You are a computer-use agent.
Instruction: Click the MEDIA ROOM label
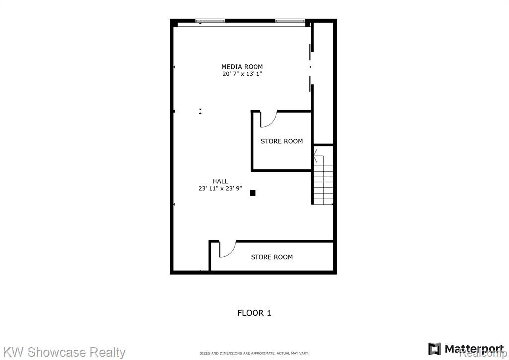tap(242, 67)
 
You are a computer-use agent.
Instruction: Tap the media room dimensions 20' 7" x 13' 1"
tap(242, 74)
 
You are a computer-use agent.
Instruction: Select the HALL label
tap(220, 181)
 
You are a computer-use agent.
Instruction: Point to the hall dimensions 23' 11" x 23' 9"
tap(220, 188)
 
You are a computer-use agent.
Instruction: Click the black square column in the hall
tap(253, 193)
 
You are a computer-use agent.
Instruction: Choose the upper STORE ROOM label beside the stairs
tap(282, 141)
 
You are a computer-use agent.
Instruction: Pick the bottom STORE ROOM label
tap(272, 257)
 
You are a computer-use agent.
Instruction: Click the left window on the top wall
tap(210, 21)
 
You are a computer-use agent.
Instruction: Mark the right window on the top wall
tap(290, 21)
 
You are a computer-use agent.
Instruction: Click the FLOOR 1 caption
tap(254, 313)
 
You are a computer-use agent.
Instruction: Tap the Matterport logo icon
tap(435, 349)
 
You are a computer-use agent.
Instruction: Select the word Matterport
tap(469, 349)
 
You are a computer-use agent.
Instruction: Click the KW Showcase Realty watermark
tap(64, 352)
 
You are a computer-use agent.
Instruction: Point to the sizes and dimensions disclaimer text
tap(254, 353)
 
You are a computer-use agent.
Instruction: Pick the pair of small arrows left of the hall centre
tap(200, 111)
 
